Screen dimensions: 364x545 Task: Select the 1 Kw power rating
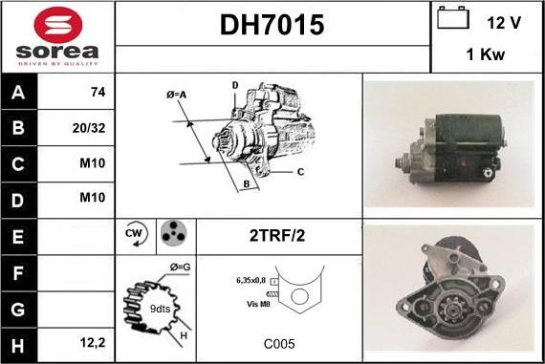485,56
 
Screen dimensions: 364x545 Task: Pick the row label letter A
19,94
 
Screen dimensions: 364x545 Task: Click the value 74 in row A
96,94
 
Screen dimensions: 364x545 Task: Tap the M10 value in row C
92,163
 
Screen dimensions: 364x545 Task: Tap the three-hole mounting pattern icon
173,233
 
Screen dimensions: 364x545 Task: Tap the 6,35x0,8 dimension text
251,281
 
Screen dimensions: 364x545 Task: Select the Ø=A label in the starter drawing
178,94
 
